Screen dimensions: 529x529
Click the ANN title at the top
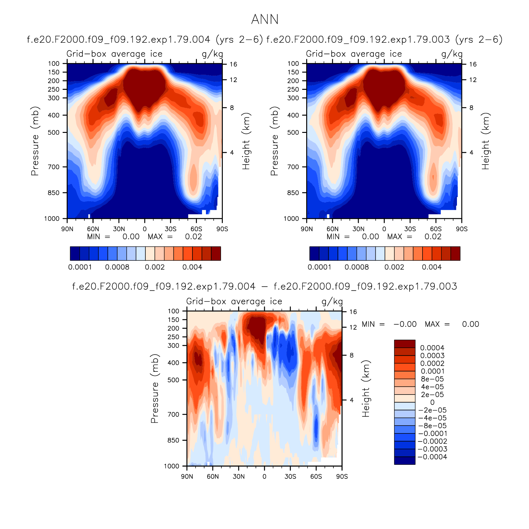point(265,20)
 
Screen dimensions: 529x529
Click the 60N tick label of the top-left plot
point(93,229)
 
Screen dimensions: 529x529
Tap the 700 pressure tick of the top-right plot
point(293,167)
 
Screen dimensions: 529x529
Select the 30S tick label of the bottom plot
point(290,476)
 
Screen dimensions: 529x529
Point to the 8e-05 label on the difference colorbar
point(432,379)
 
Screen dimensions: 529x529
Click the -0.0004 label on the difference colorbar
point(432,457)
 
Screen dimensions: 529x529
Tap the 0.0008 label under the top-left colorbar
point(117,267)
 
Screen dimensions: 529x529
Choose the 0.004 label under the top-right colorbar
point(432,267)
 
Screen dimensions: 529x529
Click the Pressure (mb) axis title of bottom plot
point(155,389)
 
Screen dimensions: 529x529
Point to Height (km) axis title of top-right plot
point(485,141)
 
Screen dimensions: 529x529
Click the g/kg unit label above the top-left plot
point(212,54)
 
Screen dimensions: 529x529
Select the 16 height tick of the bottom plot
point(353,312)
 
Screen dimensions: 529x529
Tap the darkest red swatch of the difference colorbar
point(405,344)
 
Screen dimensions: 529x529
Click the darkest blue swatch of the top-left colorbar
point(75,253)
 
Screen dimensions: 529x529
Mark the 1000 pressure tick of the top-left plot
point(52,219)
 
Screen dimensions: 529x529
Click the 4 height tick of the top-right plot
point(471,152)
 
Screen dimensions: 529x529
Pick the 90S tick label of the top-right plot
point(462,229)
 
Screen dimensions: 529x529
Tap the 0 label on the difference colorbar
point(432,402)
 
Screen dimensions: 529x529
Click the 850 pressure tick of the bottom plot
point(173,440)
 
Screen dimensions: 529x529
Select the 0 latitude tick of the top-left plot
point(145,229)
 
